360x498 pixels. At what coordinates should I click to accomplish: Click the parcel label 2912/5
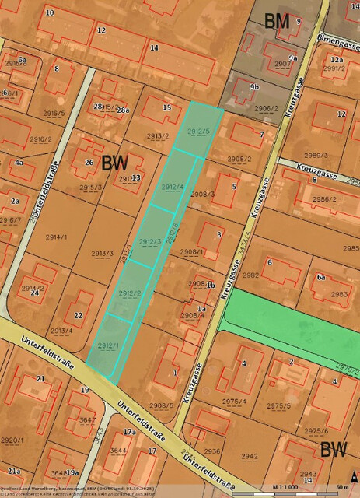coord(199,131)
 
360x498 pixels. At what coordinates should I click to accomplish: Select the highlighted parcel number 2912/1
coord(108,345)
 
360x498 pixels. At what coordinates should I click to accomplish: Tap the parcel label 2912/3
coord(149,242)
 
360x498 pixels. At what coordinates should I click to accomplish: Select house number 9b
coord(253,88)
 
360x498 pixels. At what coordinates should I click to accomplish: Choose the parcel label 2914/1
coord(57,237)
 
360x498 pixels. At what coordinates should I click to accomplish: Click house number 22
coord(78,315)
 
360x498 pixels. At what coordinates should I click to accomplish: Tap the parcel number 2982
coord(250,275)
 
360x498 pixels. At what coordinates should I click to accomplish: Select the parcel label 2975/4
coord(234,402)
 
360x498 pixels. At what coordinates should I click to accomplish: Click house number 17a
coord(130,432)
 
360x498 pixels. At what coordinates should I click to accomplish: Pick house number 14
coord(155,48)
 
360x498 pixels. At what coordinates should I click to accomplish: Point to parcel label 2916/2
coord(40,140)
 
